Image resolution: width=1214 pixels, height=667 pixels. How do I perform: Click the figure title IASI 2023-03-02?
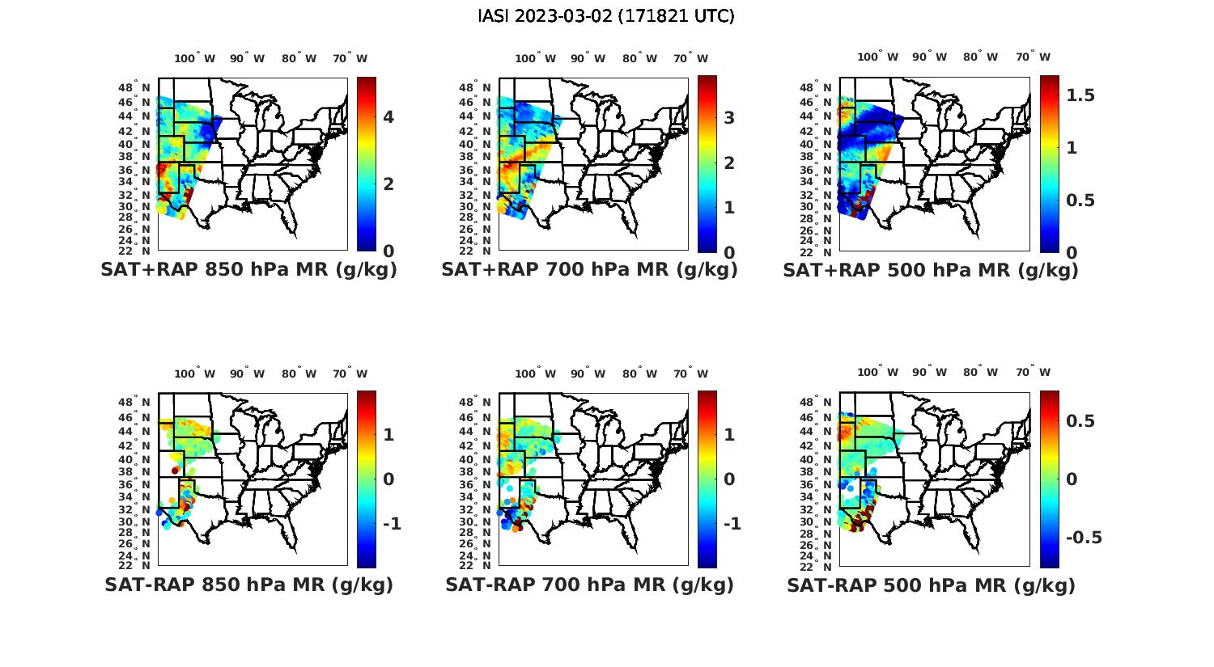(606, 16)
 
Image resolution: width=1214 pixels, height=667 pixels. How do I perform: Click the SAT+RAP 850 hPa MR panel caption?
(248, 270)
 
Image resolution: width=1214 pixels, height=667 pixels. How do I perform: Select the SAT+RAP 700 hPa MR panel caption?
(589, 270)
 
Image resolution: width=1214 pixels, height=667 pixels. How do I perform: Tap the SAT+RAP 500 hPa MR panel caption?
(930, 270)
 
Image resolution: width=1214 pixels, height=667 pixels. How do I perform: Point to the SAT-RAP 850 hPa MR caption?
(248, 585)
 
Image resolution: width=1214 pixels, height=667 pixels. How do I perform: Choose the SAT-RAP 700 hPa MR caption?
(589, 585)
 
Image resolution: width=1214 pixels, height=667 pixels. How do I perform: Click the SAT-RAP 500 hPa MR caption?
(931, 585)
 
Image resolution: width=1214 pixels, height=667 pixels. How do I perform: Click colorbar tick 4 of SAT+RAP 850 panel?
(388, 117)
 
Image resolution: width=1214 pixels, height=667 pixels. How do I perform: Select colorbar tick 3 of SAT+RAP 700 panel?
(729, 118)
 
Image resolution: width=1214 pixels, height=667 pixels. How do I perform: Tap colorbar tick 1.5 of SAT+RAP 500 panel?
(1080, 95)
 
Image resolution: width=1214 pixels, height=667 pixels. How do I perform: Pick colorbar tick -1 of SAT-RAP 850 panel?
(391, 524)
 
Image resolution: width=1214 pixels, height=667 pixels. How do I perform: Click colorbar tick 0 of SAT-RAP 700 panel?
(729, 479)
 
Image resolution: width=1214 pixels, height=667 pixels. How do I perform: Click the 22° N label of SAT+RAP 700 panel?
(476, 251)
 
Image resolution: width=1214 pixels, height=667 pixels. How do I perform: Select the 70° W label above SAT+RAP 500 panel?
(1033, 57)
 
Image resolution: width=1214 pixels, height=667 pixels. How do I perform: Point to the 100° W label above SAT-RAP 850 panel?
(194, 374)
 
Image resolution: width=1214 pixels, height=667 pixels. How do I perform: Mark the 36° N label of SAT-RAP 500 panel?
(817, 484)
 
